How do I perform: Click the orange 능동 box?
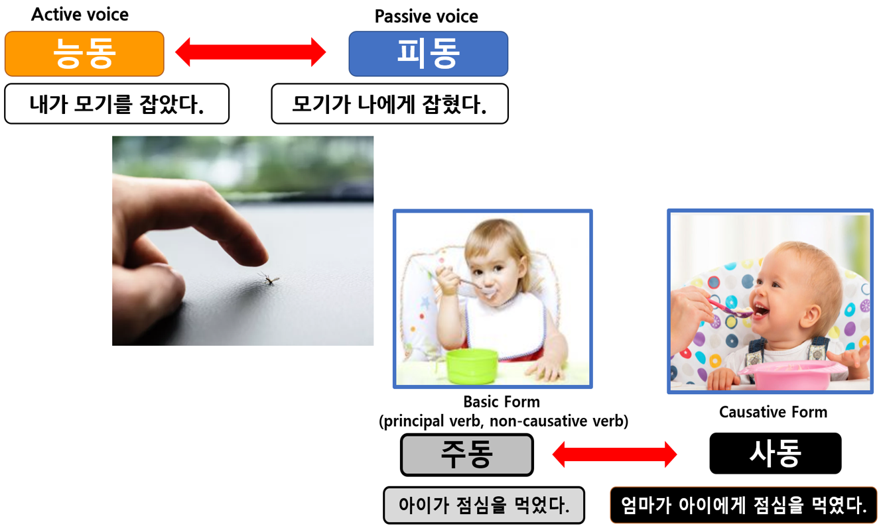(x=84, y=54)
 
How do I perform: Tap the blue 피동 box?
(x=429, y=54)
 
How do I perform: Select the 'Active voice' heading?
(x=80, y=15)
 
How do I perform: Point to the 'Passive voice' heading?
(x=426, y=17)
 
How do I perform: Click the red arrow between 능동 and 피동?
(x=250, y=52)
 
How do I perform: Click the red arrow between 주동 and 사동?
(x=614, y=454)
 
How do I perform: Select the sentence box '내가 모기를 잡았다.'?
(x=117, y=104)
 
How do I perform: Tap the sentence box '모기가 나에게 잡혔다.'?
(x=390, y=104)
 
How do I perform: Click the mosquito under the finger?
(x=270, y=279)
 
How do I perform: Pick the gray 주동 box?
(x=467, y=454)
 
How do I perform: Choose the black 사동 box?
(x=776, y=453)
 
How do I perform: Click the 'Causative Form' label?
(x=773, y=412)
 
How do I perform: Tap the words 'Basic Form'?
(x=502, y=402)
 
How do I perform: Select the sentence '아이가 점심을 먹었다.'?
(x=484, y=505)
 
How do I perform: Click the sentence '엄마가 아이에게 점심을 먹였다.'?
(x=744, y=505)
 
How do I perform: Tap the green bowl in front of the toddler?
(x=472, y=366)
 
